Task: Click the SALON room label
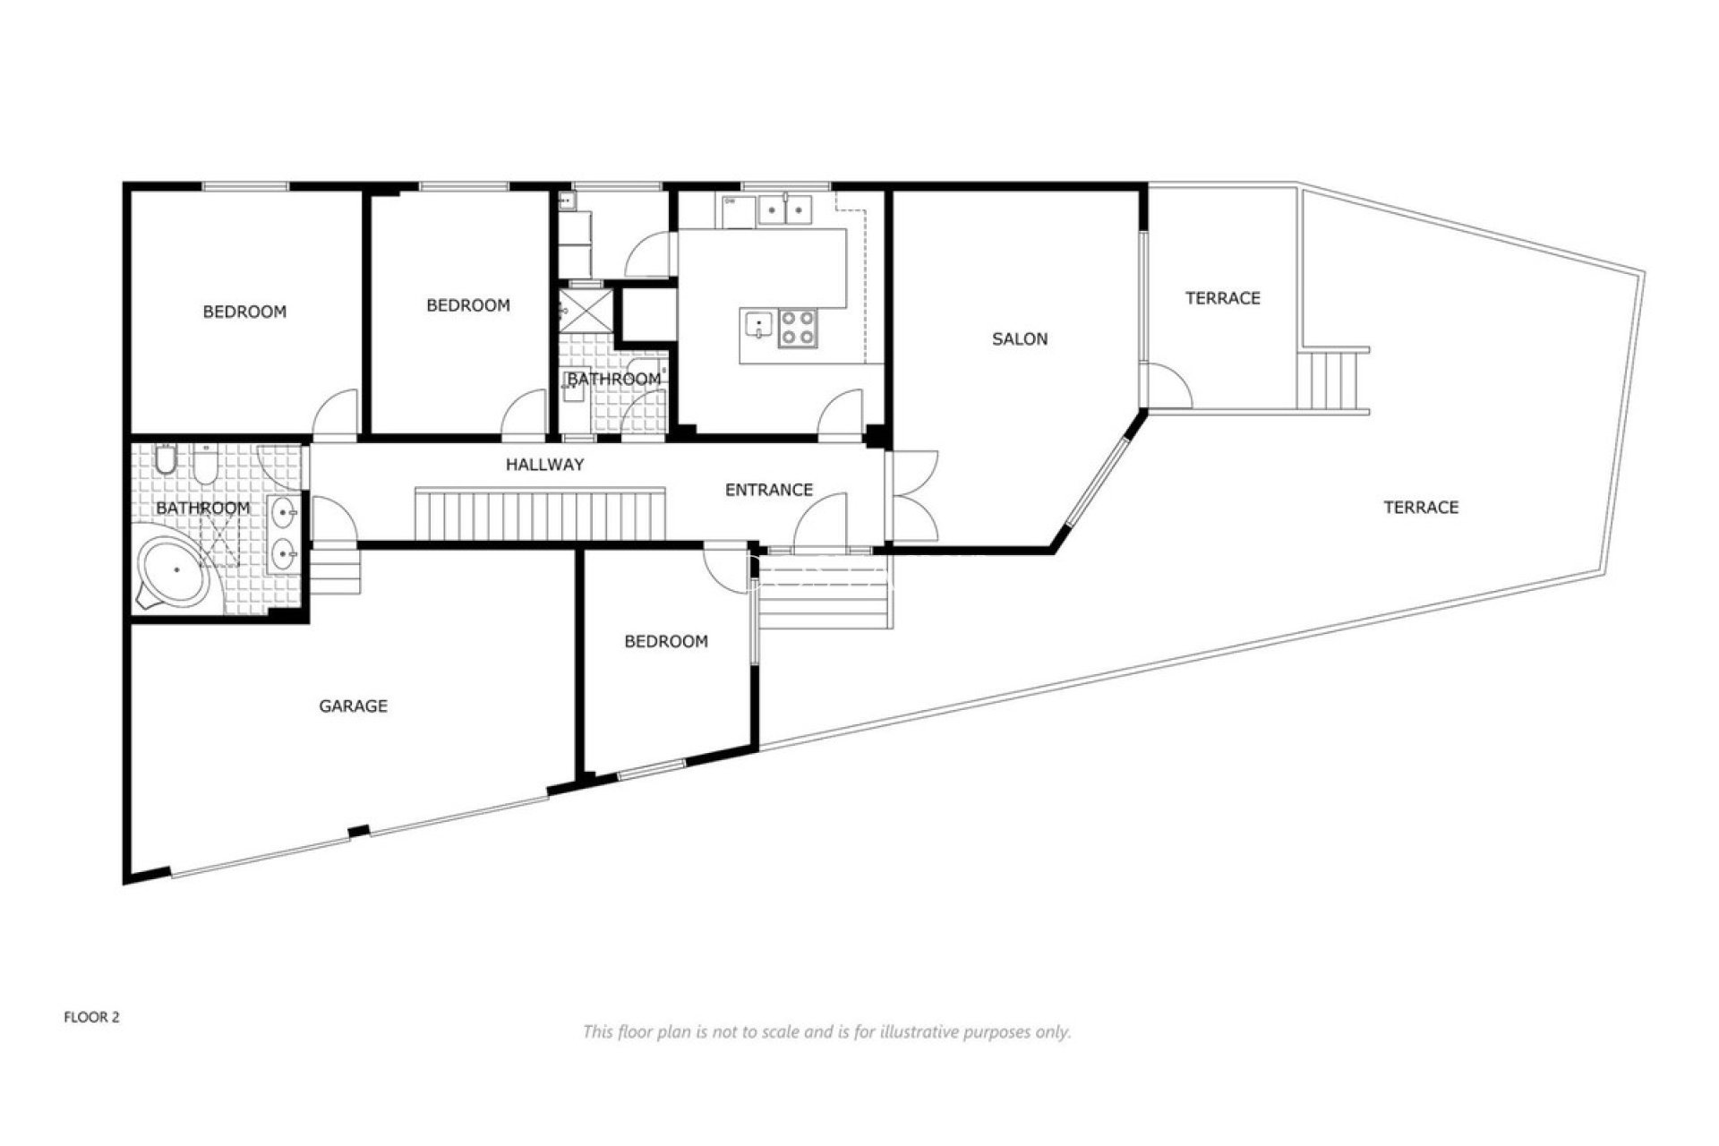(x=1019, y=338)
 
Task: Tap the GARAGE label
(x=353, y=706)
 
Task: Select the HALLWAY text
(x=544, y=464)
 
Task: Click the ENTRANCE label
(x=768, y=490)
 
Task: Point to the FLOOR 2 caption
(x=91, y=1017)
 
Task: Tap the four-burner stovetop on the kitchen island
(x=797, y=327)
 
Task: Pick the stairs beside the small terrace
(x=1332, y=380)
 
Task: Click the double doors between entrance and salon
(x=913, y=496)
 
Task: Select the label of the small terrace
(x=1222, y=297)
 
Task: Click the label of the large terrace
(x=1421, y=507)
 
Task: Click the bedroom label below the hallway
(x=665, y=641)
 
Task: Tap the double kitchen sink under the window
(x=784, y=210)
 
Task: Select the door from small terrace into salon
(x=1168, y=387)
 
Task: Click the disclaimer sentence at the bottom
(x=826, y=1031)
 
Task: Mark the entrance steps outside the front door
(x=824, y=591)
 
